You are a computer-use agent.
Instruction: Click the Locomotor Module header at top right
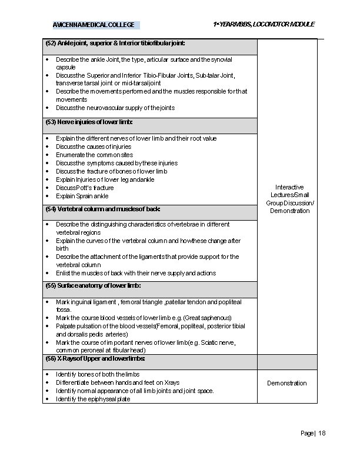264,24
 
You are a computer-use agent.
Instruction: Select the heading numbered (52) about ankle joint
115,44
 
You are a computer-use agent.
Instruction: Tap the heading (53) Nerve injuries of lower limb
89,122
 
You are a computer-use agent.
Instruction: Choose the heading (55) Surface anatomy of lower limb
93,285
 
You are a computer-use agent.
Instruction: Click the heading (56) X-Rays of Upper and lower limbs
95,358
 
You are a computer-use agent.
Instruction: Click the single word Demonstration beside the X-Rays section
287,383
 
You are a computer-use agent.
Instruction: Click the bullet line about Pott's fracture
85,188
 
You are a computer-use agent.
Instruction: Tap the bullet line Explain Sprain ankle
82,196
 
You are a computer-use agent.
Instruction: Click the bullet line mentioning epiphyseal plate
93,399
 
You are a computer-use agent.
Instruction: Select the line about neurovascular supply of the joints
115,108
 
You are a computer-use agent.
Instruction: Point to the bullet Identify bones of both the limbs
98,374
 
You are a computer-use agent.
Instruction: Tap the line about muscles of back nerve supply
136,273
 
